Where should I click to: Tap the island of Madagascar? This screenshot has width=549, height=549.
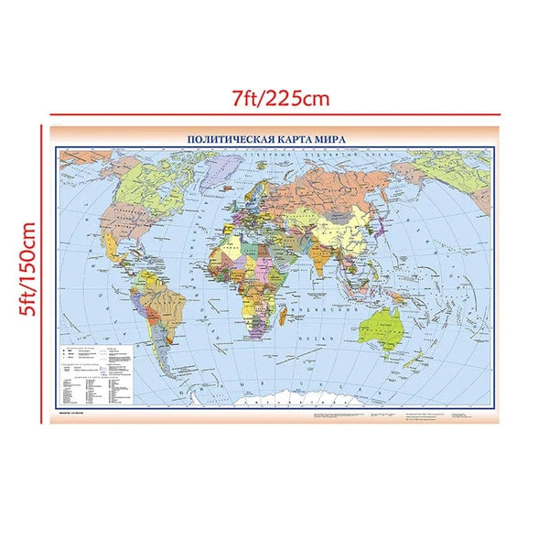click(x=286, y=317)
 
